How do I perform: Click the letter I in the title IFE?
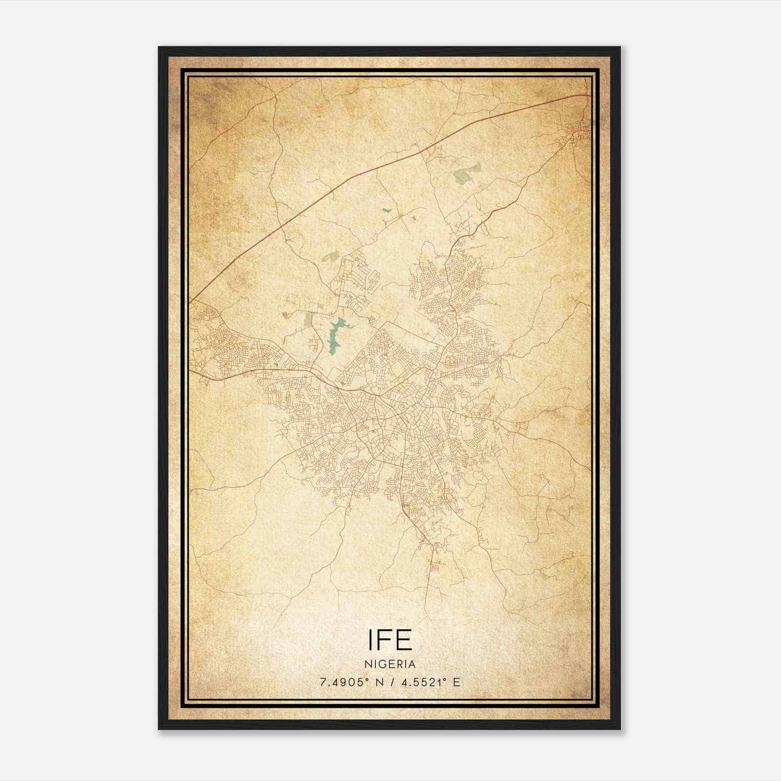point(370,639)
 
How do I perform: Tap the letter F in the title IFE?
point(384,639)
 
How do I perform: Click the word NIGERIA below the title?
point(390,664)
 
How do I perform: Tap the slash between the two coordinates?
point(391,682)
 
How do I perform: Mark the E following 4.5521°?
point(456,682)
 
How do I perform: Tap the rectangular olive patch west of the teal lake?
point(308,320)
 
